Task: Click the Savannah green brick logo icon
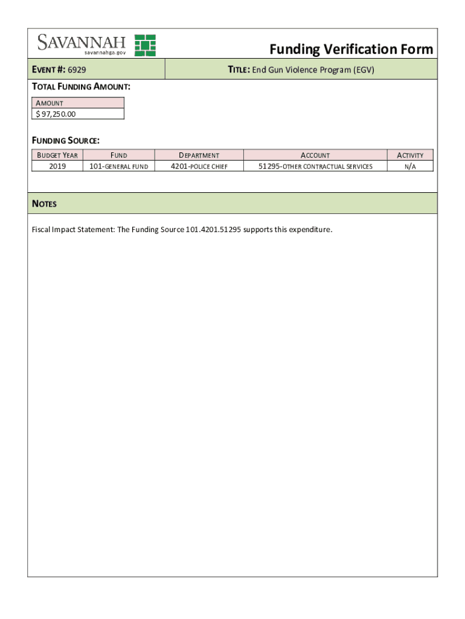(x=145, y=45)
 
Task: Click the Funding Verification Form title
(x=351, y=49)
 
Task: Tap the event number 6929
(x=77, y=70)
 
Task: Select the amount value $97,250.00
(x=56, y=114)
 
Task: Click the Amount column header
(x=49, y=103)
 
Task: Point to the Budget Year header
(x=57, y=155)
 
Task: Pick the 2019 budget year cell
(x=57, y=166)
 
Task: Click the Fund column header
(x=118, y=155)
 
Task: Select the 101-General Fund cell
(x=118, y=166)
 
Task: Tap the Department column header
(x=199, y=155)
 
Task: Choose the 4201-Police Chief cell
(x=199, y=166)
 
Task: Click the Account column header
(x=315, y=155)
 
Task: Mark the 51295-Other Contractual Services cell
(x=315, y=166)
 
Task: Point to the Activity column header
(x=410, y=155)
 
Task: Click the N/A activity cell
(x=410, y=166)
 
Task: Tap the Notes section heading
(x=44, y=204)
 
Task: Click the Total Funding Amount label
(x=81, y=86)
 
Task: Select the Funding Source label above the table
(x=65, y=140)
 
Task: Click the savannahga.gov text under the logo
(x=105, y=53)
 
